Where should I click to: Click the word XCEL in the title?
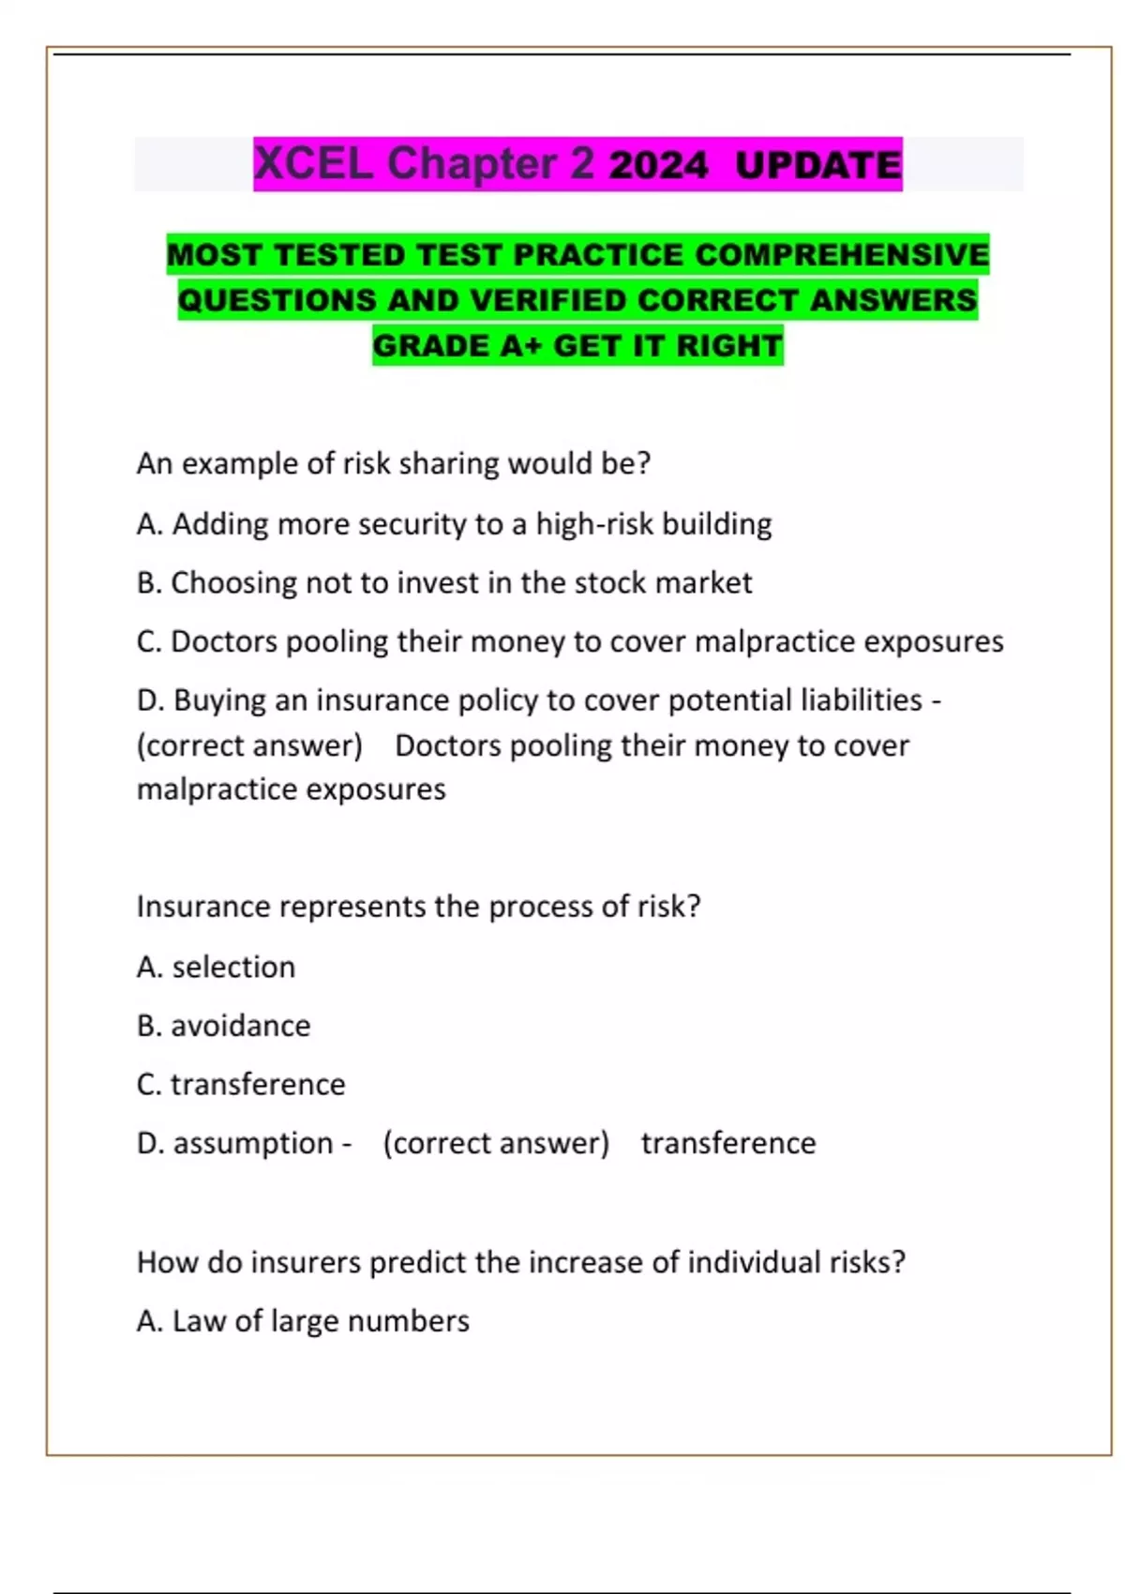[x=313, y=164]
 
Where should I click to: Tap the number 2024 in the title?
[x=658, y=166]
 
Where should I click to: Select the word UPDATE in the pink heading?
[x=817, y=166]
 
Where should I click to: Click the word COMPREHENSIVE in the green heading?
[x=842, y=254]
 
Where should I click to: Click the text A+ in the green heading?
[x=521, y=345]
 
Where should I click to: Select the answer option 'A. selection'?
[x=216, y=967]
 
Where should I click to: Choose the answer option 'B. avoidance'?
[x=223, y=1026]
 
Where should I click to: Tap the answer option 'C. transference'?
[x=241, y=1084]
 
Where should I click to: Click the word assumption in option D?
[x=253, y=1143]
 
